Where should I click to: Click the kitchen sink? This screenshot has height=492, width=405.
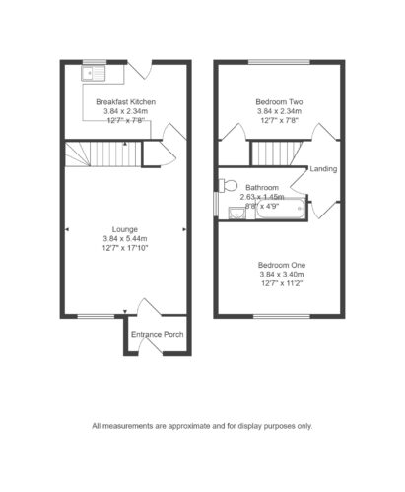point(94,73)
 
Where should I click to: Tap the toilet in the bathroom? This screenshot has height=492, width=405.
point(228,185)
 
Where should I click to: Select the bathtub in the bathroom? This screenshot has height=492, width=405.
point(281,209)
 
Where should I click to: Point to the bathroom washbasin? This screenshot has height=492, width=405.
point(236,213)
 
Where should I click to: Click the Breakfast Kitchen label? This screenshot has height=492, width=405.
point(125,102)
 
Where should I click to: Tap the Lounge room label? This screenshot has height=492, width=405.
point(125,229)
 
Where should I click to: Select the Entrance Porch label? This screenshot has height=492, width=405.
point(158,335)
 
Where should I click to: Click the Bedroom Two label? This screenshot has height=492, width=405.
point(279,102)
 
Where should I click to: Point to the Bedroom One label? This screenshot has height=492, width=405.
point(282,265)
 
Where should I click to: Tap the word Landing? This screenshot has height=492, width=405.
point(323,169)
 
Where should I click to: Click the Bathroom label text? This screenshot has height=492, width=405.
point(262,188)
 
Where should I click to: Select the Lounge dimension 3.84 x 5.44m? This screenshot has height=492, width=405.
point(125,238)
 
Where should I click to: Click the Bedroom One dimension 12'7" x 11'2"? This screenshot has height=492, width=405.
point(282,283)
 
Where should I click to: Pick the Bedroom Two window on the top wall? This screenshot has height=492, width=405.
point(279,62)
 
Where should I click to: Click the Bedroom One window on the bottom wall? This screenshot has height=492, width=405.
point(282,316)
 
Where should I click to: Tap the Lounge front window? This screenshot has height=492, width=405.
point(96,316)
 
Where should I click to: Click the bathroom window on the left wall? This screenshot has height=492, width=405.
point(216,204)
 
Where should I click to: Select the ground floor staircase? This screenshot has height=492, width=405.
point(103,154)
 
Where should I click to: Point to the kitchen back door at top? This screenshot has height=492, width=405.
point(140,70)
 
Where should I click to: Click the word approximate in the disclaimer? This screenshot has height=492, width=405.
point(189,426)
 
